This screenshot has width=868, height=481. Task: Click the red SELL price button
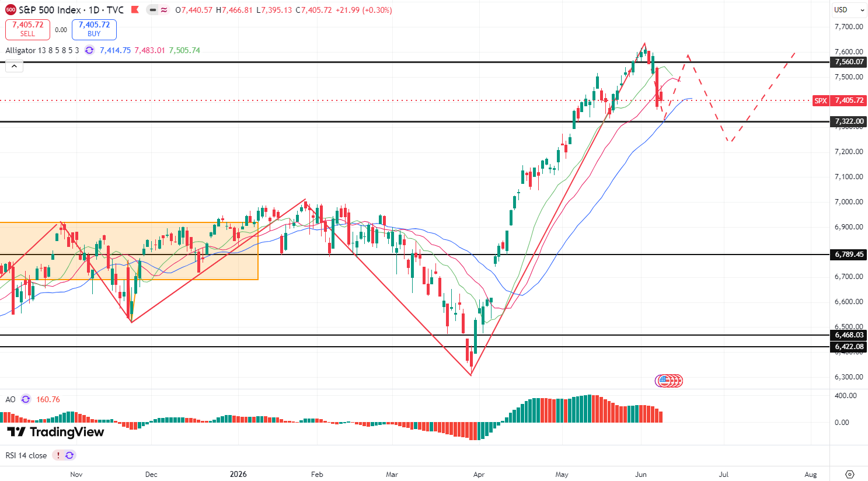(27, 29)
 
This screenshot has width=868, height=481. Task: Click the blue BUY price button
(94, 29)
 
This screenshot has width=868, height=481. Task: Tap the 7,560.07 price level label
(849, 62)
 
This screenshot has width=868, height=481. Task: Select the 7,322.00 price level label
(849, 121)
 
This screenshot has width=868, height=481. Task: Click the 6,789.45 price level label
(849, 255)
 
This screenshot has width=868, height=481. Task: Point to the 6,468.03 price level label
(849, 335)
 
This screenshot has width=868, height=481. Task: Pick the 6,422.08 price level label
(849, 347)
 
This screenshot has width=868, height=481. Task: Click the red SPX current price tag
(839, 101)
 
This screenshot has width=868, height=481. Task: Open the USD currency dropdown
(849, 10)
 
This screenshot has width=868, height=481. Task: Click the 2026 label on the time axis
(238, 475)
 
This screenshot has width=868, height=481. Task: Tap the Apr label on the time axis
(479, 475)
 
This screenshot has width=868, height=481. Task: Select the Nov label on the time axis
(76, 475)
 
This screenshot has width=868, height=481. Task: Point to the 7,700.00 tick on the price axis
(849, 27)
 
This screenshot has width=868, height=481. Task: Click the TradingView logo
(55, 432)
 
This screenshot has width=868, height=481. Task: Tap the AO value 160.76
(48, 400)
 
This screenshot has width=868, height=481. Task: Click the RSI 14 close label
(26, 455)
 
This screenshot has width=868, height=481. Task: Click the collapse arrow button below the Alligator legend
(15, 67)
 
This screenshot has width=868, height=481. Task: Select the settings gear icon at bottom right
(850, 475)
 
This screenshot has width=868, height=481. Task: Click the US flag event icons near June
(669, 381)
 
